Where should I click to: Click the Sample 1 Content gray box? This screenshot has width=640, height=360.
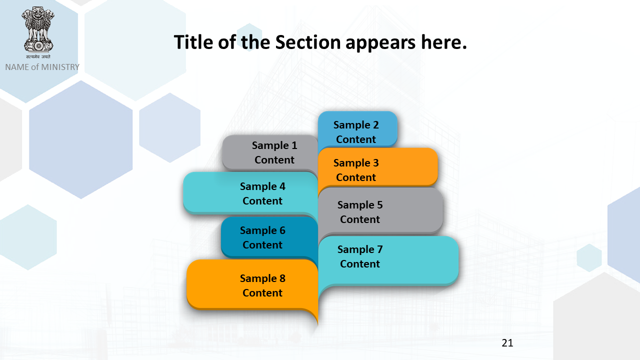coord(270,152)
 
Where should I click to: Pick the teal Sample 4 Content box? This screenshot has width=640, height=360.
coord(250,193)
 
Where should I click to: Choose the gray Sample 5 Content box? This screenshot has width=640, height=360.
coord(380,211)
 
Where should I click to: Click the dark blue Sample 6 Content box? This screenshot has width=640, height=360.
coord(269,237)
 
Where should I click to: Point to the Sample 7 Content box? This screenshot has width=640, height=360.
coord(388,260)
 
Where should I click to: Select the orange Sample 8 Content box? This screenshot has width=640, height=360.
coord(252,285)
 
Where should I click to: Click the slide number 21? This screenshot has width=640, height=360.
coord(507,343)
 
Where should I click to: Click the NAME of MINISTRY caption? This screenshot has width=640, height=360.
coord(42,67)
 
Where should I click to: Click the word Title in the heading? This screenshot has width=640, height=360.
coord(193,42)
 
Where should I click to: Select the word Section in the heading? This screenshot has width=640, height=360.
coord(308,42)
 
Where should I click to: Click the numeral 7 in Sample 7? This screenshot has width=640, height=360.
coord(380,249)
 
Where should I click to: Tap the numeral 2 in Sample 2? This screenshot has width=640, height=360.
coord(376,125)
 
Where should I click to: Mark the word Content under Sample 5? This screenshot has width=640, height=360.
coord(360,219)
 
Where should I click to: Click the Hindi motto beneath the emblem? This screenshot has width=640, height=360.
coord(38,56)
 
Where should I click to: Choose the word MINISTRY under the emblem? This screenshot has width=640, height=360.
coord(60,67)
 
